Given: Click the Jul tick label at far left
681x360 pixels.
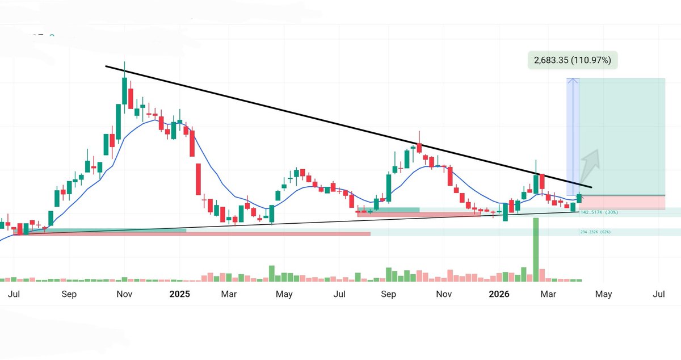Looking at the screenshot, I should (15, 294).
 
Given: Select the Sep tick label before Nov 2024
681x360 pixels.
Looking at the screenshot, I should (69, 294).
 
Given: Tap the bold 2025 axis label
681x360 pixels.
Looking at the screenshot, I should (179, 294).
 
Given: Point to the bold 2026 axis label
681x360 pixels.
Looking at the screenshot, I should (499, 294).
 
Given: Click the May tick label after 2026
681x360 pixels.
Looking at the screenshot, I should (603, 294).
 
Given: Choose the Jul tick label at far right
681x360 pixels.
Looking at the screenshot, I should (659, 294).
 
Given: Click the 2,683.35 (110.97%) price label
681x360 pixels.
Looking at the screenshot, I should (572, 60).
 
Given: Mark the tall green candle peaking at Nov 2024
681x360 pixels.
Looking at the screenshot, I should (124, 91).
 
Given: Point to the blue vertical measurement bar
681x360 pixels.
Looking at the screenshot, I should (573, 136).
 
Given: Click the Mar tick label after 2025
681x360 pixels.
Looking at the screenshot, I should (229, 294).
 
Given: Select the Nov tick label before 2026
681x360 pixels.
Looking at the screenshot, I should (444, 294).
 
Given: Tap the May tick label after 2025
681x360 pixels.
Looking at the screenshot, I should (284, 294).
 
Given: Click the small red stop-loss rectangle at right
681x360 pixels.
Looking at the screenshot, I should (622, 202).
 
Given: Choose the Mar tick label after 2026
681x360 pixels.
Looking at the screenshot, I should (548, 294).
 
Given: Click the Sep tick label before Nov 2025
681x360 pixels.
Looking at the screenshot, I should (389, 294).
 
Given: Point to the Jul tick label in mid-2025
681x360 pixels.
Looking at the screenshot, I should (339, 294).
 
